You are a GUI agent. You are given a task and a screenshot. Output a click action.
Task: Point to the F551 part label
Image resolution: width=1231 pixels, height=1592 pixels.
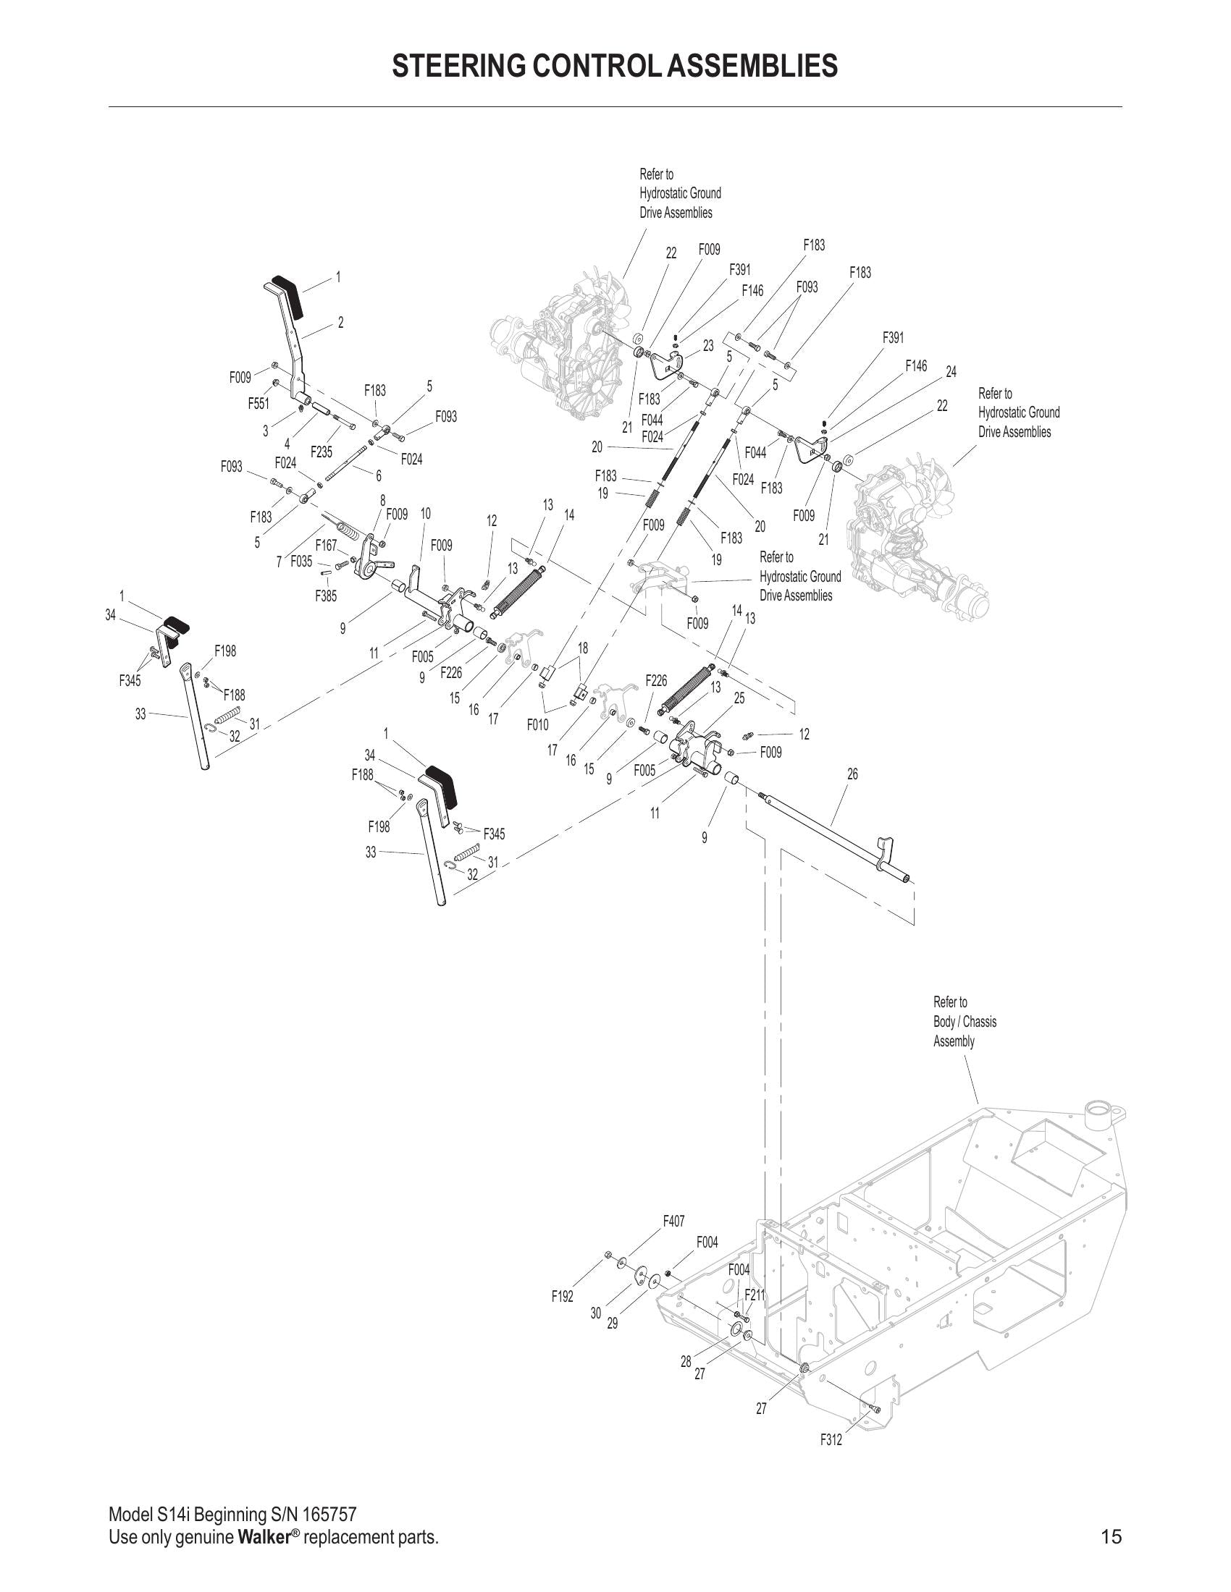(x=259, y=405)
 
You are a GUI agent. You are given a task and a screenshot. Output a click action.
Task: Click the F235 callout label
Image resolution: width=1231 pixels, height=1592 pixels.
(x=321, y=453)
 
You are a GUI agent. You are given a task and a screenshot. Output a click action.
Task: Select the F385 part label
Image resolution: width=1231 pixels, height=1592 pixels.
(x=326, y=596)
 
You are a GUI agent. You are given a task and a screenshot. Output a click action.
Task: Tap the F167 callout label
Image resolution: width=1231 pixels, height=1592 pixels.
(x=326, y=545)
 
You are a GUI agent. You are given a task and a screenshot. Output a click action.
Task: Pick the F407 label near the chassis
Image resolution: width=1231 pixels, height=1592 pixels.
(x=673, y=1220)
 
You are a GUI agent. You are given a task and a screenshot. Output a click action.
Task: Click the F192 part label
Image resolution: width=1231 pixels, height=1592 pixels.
(x=562, y=1297)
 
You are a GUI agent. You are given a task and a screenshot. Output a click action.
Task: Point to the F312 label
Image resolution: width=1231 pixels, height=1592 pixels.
(x=831, y=1439)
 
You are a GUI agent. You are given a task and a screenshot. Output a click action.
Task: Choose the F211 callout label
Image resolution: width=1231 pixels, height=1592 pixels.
(x=755, y=1295)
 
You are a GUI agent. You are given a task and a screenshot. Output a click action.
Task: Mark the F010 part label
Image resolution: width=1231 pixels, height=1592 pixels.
(x=537, y=724)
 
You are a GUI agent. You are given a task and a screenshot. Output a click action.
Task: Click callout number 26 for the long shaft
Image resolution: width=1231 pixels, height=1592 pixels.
(x=852, y=774)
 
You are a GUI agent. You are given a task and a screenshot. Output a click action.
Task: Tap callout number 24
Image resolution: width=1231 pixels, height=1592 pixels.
(x=951, y=372)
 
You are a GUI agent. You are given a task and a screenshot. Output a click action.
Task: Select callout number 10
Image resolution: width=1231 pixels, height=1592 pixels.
(x=425, y=514)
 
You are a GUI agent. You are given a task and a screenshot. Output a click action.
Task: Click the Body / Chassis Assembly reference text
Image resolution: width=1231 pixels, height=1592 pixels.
(x=964, y=1021)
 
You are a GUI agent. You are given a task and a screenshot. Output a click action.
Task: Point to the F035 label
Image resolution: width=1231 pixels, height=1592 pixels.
(x=301, y=562)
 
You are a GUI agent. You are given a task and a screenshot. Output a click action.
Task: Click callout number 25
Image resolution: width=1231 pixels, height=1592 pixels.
(x=739, y=698)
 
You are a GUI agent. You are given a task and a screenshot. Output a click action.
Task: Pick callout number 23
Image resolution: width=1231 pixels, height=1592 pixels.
(x=708, y=346)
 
